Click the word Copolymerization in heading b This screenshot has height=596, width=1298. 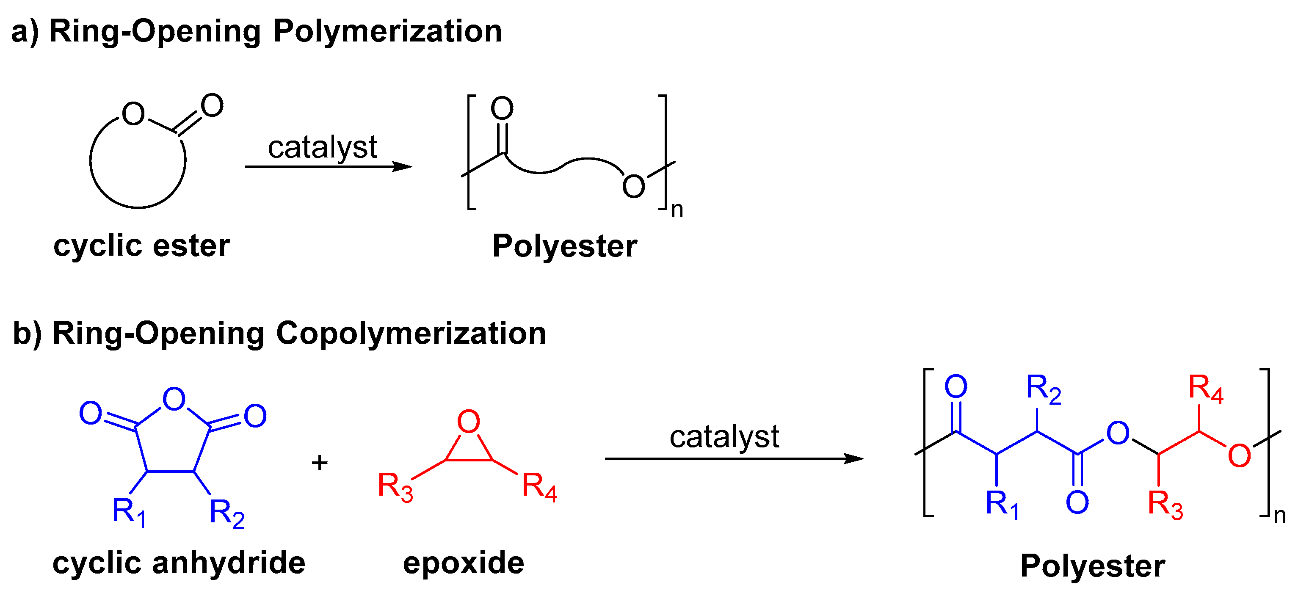click(x=411, y=334)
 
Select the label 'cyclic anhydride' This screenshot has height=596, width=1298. click(x=179, y=563)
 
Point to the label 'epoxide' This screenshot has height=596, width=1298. click(x=464, y=563)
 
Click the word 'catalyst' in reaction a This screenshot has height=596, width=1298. click(x=323, y=147)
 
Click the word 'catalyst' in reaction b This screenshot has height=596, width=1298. click(x=724, y=436)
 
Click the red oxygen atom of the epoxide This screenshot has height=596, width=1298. click(x=469, y=422)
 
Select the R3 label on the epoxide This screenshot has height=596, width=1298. click(x=395, y=487)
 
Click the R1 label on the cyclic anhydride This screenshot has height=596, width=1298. click(x=129, y=512)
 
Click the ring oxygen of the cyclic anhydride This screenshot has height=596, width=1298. click(x=174, y=399)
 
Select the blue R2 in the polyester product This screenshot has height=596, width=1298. click(x=1044, y=389)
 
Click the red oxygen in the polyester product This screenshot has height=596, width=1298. click(x=1239, y=456)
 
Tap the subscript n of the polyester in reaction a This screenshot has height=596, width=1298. click(x=677, y=210)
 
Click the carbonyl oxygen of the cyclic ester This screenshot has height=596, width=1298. click(x=212, y=106)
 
